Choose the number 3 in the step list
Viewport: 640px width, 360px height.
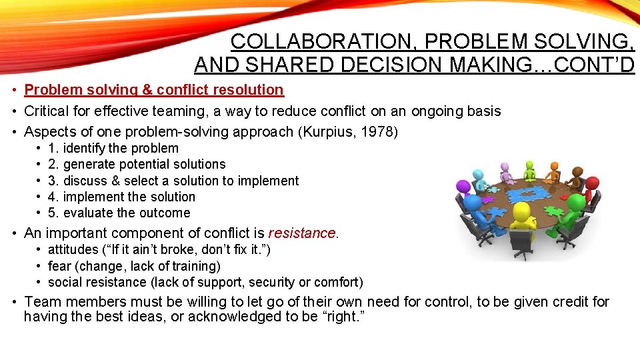(53, 181)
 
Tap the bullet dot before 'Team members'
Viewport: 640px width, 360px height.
(13, 302)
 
